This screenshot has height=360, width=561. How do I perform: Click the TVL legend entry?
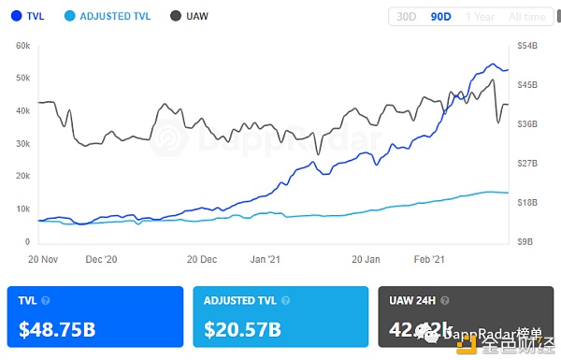click(x=29, y=16)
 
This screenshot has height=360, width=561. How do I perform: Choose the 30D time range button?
click(x=407, y=17)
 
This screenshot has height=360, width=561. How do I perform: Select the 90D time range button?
click(x=440, y=17)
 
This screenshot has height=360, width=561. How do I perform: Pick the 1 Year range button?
click(x=480, y=17)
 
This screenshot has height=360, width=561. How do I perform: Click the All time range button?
click(x=527, y=17)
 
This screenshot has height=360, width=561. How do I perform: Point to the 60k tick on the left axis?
click(x=23, y=45)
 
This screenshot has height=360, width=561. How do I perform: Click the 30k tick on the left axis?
click(x=23, y=143)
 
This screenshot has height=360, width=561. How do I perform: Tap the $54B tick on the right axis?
click(x=526, y=45)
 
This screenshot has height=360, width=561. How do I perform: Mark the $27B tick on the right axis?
click(x=526, y=163)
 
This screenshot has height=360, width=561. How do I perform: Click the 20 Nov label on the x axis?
click(x=45, y=258)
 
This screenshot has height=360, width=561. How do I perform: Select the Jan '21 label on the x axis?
click(x=266, y=258)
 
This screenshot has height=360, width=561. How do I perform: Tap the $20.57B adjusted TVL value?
click(x=244, y=329)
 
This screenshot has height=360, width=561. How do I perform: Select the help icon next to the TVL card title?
click(x=46, y=301)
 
